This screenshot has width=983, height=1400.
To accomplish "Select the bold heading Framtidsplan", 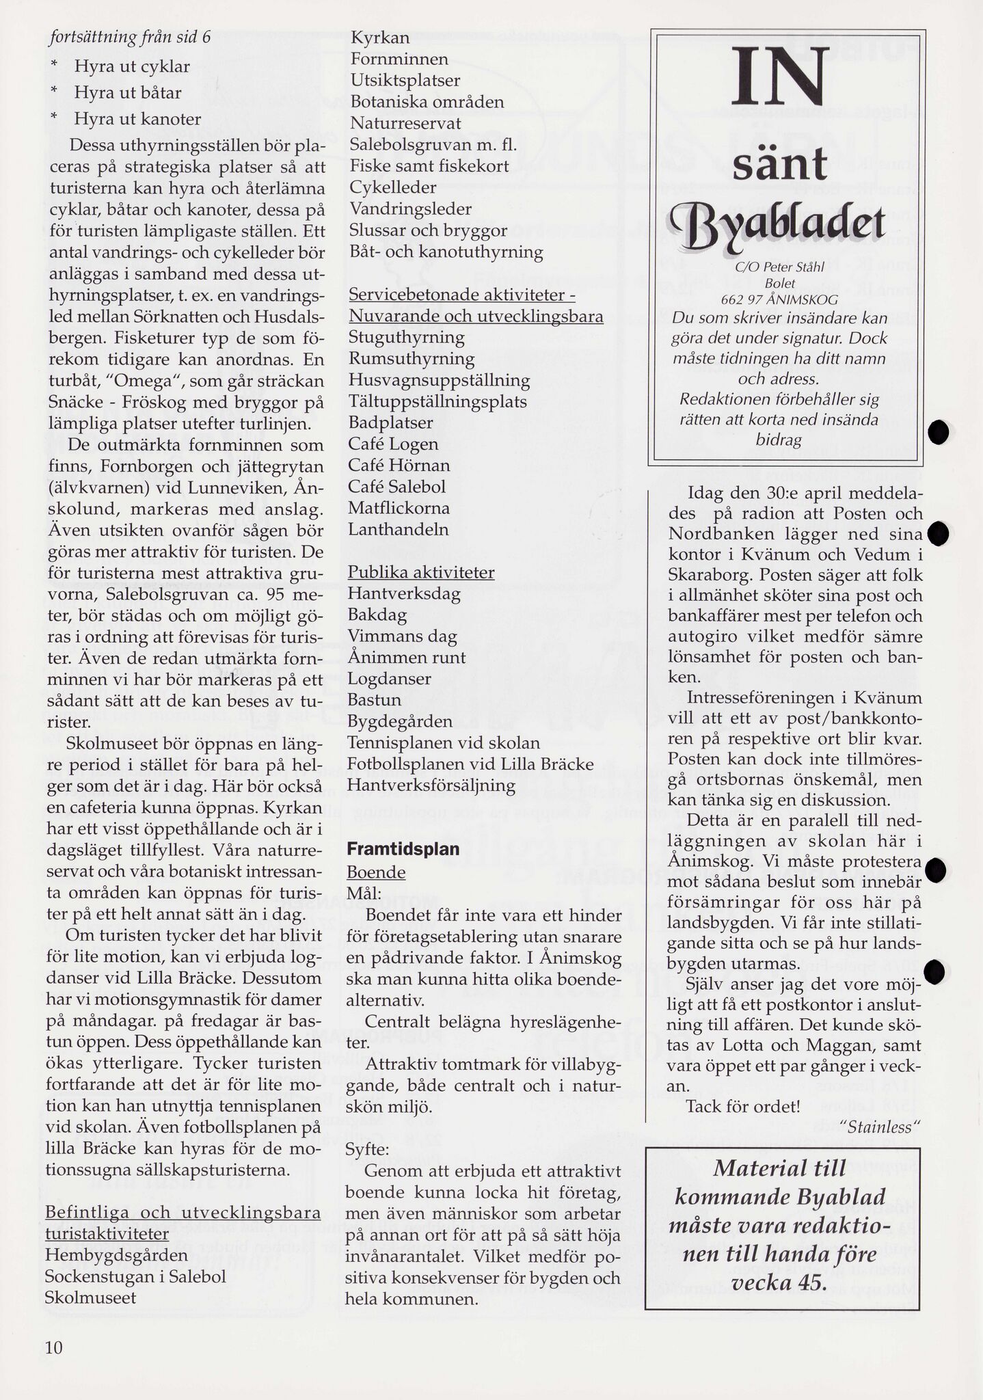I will click(403, 849).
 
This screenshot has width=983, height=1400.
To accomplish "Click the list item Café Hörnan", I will click(399, 466).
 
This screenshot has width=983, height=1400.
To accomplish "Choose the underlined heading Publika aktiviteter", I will click(421, 572).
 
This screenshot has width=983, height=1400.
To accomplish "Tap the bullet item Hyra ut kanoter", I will click(137, 119).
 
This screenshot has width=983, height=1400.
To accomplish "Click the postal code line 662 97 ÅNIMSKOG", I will click(779, 299).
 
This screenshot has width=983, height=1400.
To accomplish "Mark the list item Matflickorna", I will click(399, 508).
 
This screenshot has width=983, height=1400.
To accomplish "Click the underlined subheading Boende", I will click(376, 873).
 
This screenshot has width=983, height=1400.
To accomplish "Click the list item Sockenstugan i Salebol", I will click(135, 1276).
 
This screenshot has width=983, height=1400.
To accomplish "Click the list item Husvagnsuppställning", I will click(439, 380).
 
